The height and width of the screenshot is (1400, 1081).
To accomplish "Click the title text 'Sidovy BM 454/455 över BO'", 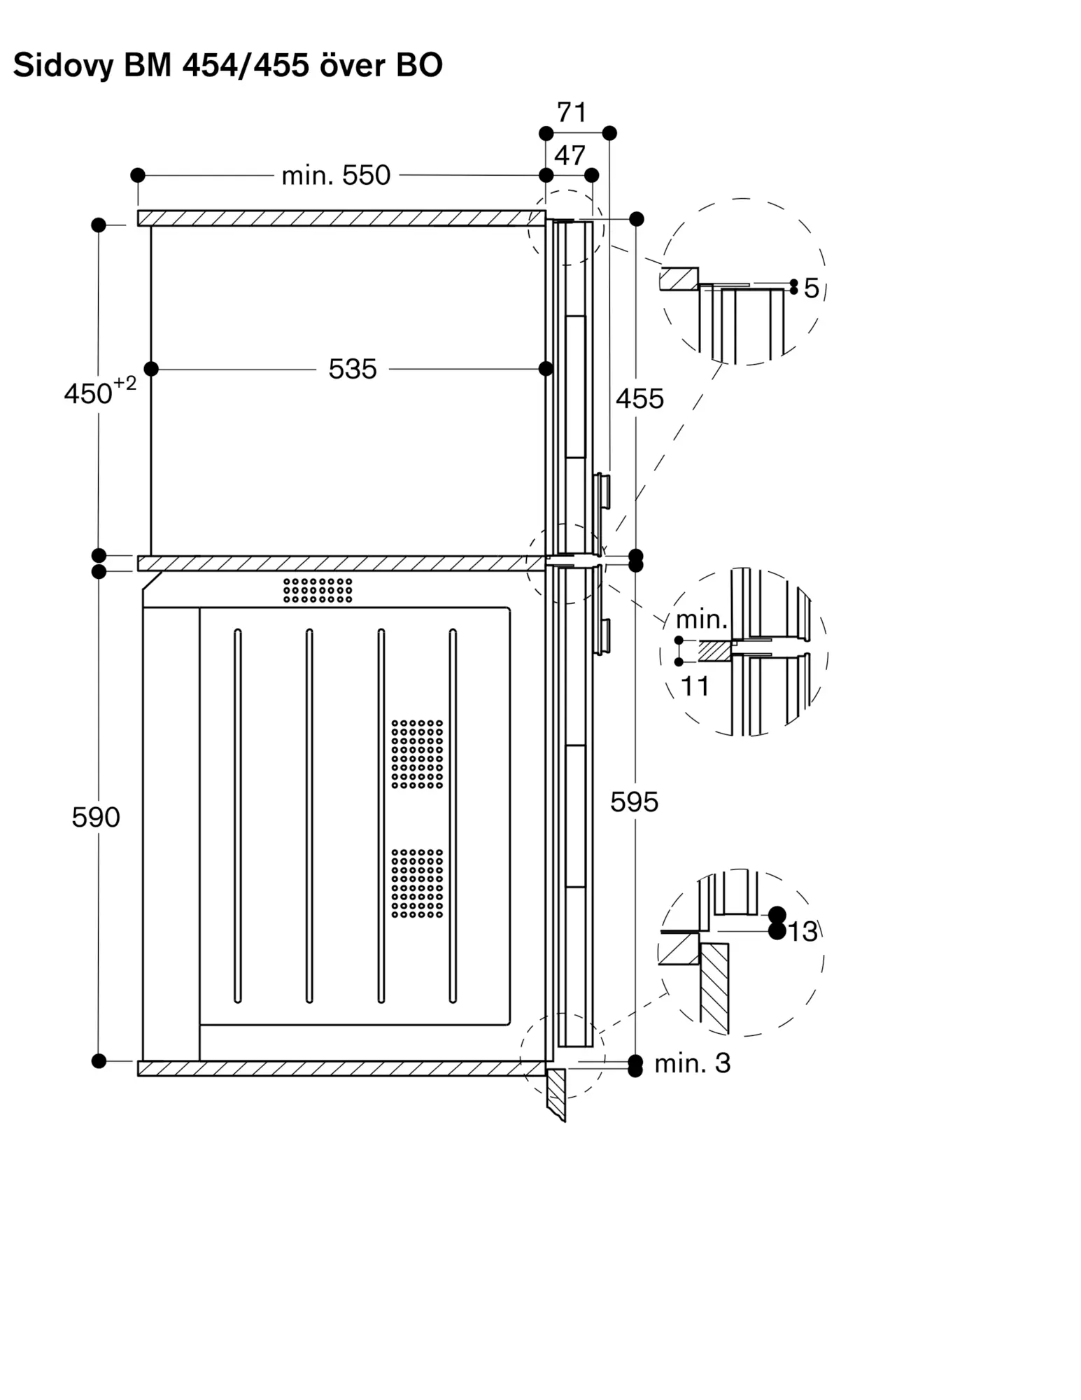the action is (x=227, y=65).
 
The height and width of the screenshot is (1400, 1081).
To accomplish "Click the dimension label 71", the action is (x=572, y=112).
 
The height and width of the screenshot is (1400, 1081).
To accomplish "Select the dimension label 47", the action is (x=570, y=155).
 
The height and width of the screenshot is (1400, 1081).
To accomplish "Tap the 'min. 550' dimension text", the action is (x=336, y=175).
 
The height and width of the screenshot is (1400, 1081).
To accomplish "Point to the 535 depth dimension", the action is (x=353, y=369).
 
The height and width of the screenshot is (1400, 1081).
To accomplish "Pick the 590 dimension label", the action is (x=96, y=817).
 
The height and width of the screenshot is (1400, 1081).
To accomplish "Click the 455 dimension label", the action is (x=640, y=398).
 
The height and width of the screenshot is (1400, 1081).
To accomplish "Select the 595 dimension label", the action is (x=634, y=801).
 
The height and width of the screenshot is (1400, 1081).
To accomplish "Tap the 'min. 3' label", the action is (x=693, y=1063).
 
